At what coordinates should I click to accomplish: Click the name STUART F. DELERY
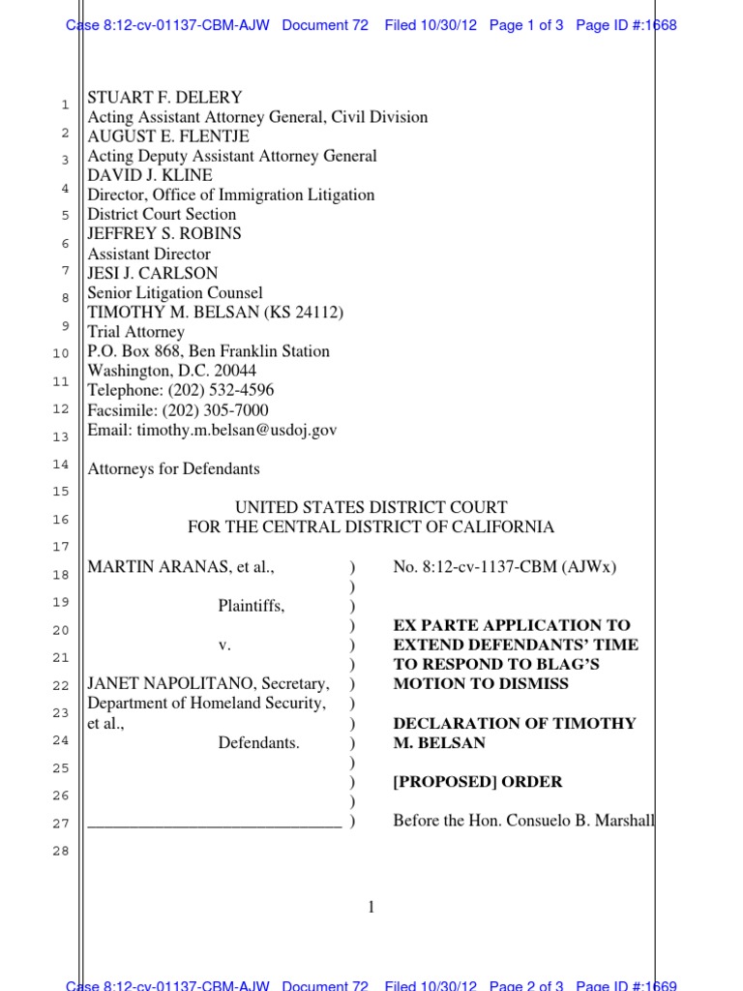(164, 98)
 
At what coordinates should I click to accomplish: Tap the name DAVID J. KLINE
(150, 175)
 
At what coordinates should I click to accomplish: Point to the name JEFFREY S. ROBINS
(164, 233)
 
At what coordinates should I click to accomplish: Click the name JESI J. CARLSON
(153, 273)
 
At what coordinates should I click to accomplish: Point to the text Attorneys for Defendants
(174, 468)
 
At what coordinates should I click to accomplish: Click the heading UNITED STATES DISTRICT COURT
(371, 507)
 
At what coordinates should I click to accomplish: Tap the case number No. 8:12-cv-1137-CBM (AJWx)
(504, 567)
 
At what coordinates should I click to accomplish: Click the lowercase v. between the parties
(252, 645)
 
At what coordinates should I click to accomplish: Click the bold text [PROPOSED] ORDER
(477, 782)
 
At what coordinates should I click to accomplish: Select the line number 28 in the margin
(61, 852)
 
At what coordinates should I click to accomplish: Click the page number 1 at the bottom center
(371, 907)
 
